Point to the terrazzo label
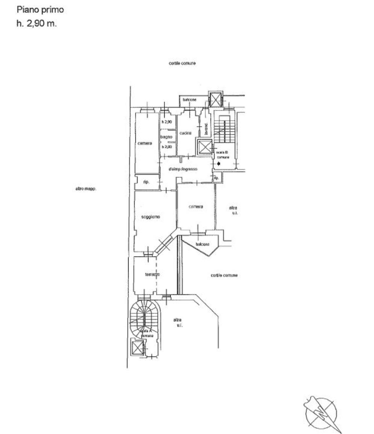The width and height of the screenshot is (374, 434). tap(152, 275)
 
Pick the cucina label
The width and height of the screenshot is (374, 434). tap(185, 133)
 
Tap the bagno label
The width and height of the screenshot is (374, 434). tap(166, 137)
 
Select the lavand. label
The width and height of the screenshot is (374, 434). tap(206, 129)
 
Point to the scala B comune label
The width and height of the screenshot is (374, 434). tap(223, 155)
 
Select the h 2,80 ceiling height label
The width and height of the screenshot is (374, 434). tap(167, 147)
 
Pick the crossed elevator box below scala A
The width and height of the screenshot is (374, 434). tap(138, 348)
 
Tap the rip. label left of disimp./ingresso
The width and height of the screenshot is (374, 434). tap(147, 182)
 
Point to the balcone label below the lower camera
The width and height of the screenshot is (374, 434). tap(203, 244)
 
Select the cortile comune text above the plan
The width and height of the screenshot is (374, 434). tap(182, 64)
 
